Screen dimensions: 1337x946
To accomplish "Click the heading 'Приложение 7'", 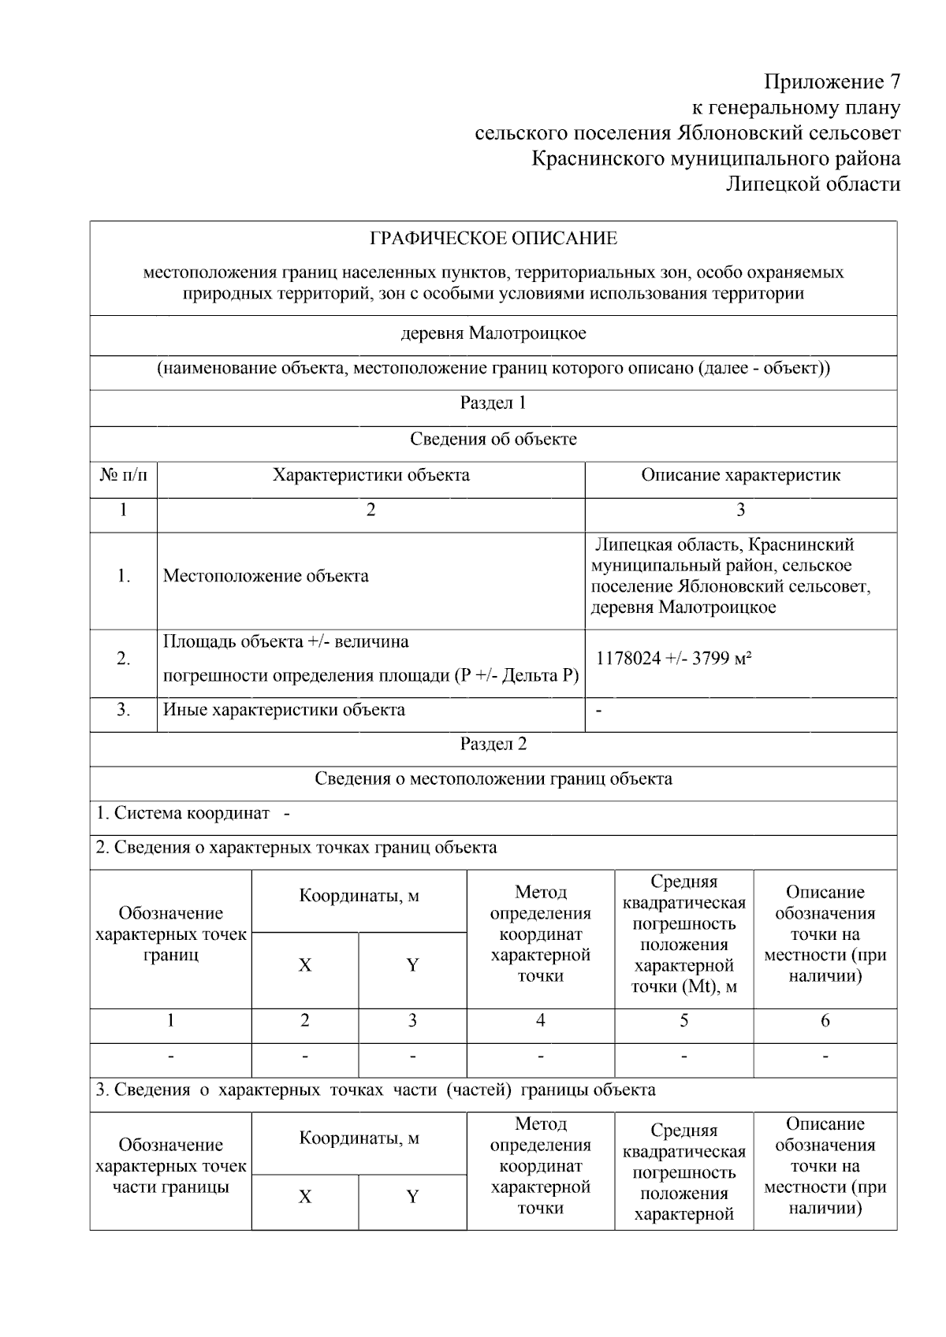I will point(832,82).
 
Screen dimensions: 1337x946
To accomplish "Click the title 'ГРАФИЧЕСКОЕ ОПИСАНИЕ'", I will point(493,239).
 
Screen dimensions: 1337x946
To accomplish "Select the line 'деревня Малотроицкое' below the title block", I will point(493,333).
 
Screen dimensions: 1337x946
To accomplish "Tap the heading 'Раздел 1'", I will point(493,403).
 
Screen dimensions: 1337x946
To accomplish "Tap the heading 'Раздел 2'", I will point(493,745).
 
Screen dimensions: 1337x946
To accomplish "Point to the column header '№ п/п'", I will point(123,475).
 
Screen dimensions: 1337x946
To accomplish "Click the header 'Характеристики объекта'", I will point(371,475).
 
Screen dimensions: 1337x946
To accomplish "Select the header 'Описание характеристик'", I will point(740,475).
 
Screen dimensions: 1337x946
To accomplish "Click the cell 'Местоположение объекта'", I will point(266,576).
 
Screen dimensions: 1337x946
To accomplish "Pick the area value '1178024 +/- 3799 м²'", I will point(673,659).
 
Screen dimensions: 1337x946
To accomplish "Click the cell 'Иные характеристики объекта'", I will point(284,710).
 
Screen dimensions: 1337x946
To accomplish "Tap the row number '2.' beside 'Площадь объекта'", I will point(123,659).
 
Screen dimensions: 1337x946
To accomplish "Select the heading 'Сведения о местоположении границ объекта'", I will point(493,779).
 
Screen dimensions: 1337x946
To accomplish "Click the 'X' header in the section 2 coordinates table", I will point(304,965).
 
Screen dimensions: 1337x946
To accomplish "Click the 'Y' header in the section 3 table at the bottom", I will point(412,1197).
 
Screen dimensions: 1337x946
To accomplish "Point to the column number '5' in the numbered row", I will point(683,1021).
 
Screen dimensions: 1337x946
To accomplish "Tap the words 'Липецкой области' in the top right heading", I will point(813,184).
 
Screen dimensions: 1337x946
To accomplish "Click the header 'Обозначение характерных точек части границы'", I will point(170,1166).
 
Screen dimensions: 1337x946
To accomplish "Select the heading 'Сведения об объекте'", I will point(493,440).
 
